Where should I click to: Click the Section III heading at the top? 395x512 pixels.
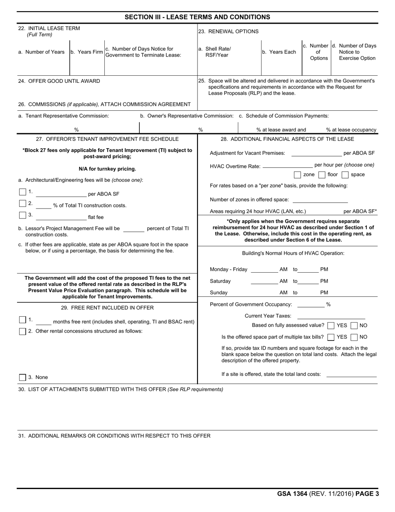(x=197, y=17)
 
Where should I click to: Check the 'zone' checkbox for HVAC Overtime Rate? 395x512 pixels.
(x=297, y=175)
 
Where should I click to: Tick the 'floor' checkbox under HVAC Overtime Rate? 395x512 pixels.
(x=321, y=175)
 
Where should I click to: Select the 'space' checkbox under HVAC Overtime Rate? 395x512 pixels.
(x=345, y=175)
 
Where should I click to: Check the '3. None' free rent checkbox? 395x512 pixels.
(x=22, y=377)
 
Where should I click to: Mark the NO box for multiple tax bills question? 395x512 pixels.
(x=354, y=337)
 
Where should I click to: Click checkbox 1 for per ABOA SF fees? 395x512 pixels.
(x=22, y=192)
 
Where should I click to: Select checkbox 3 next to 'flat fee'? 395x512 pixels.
(x=22, y=215)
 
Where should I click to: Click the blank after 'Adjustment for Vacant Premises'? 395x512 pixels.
(x=316, y=154)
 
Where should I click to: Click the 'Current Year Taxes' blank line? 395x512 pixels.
(x=331, y=316)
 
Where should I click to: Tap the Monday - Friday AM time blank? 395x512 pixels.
(x=264, y=270)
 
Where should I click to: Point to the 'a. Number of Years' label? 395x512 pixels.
(x=42, y=52)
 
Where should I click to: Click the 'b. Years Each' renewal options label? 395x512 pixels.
(x=279, y=52)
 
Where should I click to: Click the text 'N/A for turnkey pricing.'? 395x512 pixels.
(x=107, y=169)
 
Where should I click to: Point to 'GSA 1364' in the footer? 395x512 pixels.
(x=292, y=494)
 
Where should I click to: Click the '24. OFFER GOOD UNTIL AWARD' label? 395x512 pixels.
(x=59, y=81)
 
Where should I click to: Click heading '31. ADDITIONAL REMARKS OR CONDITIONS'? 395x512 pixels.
(x=114, y=436)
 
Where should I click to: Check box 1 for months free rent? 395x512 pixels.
(x=22, y=320)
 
